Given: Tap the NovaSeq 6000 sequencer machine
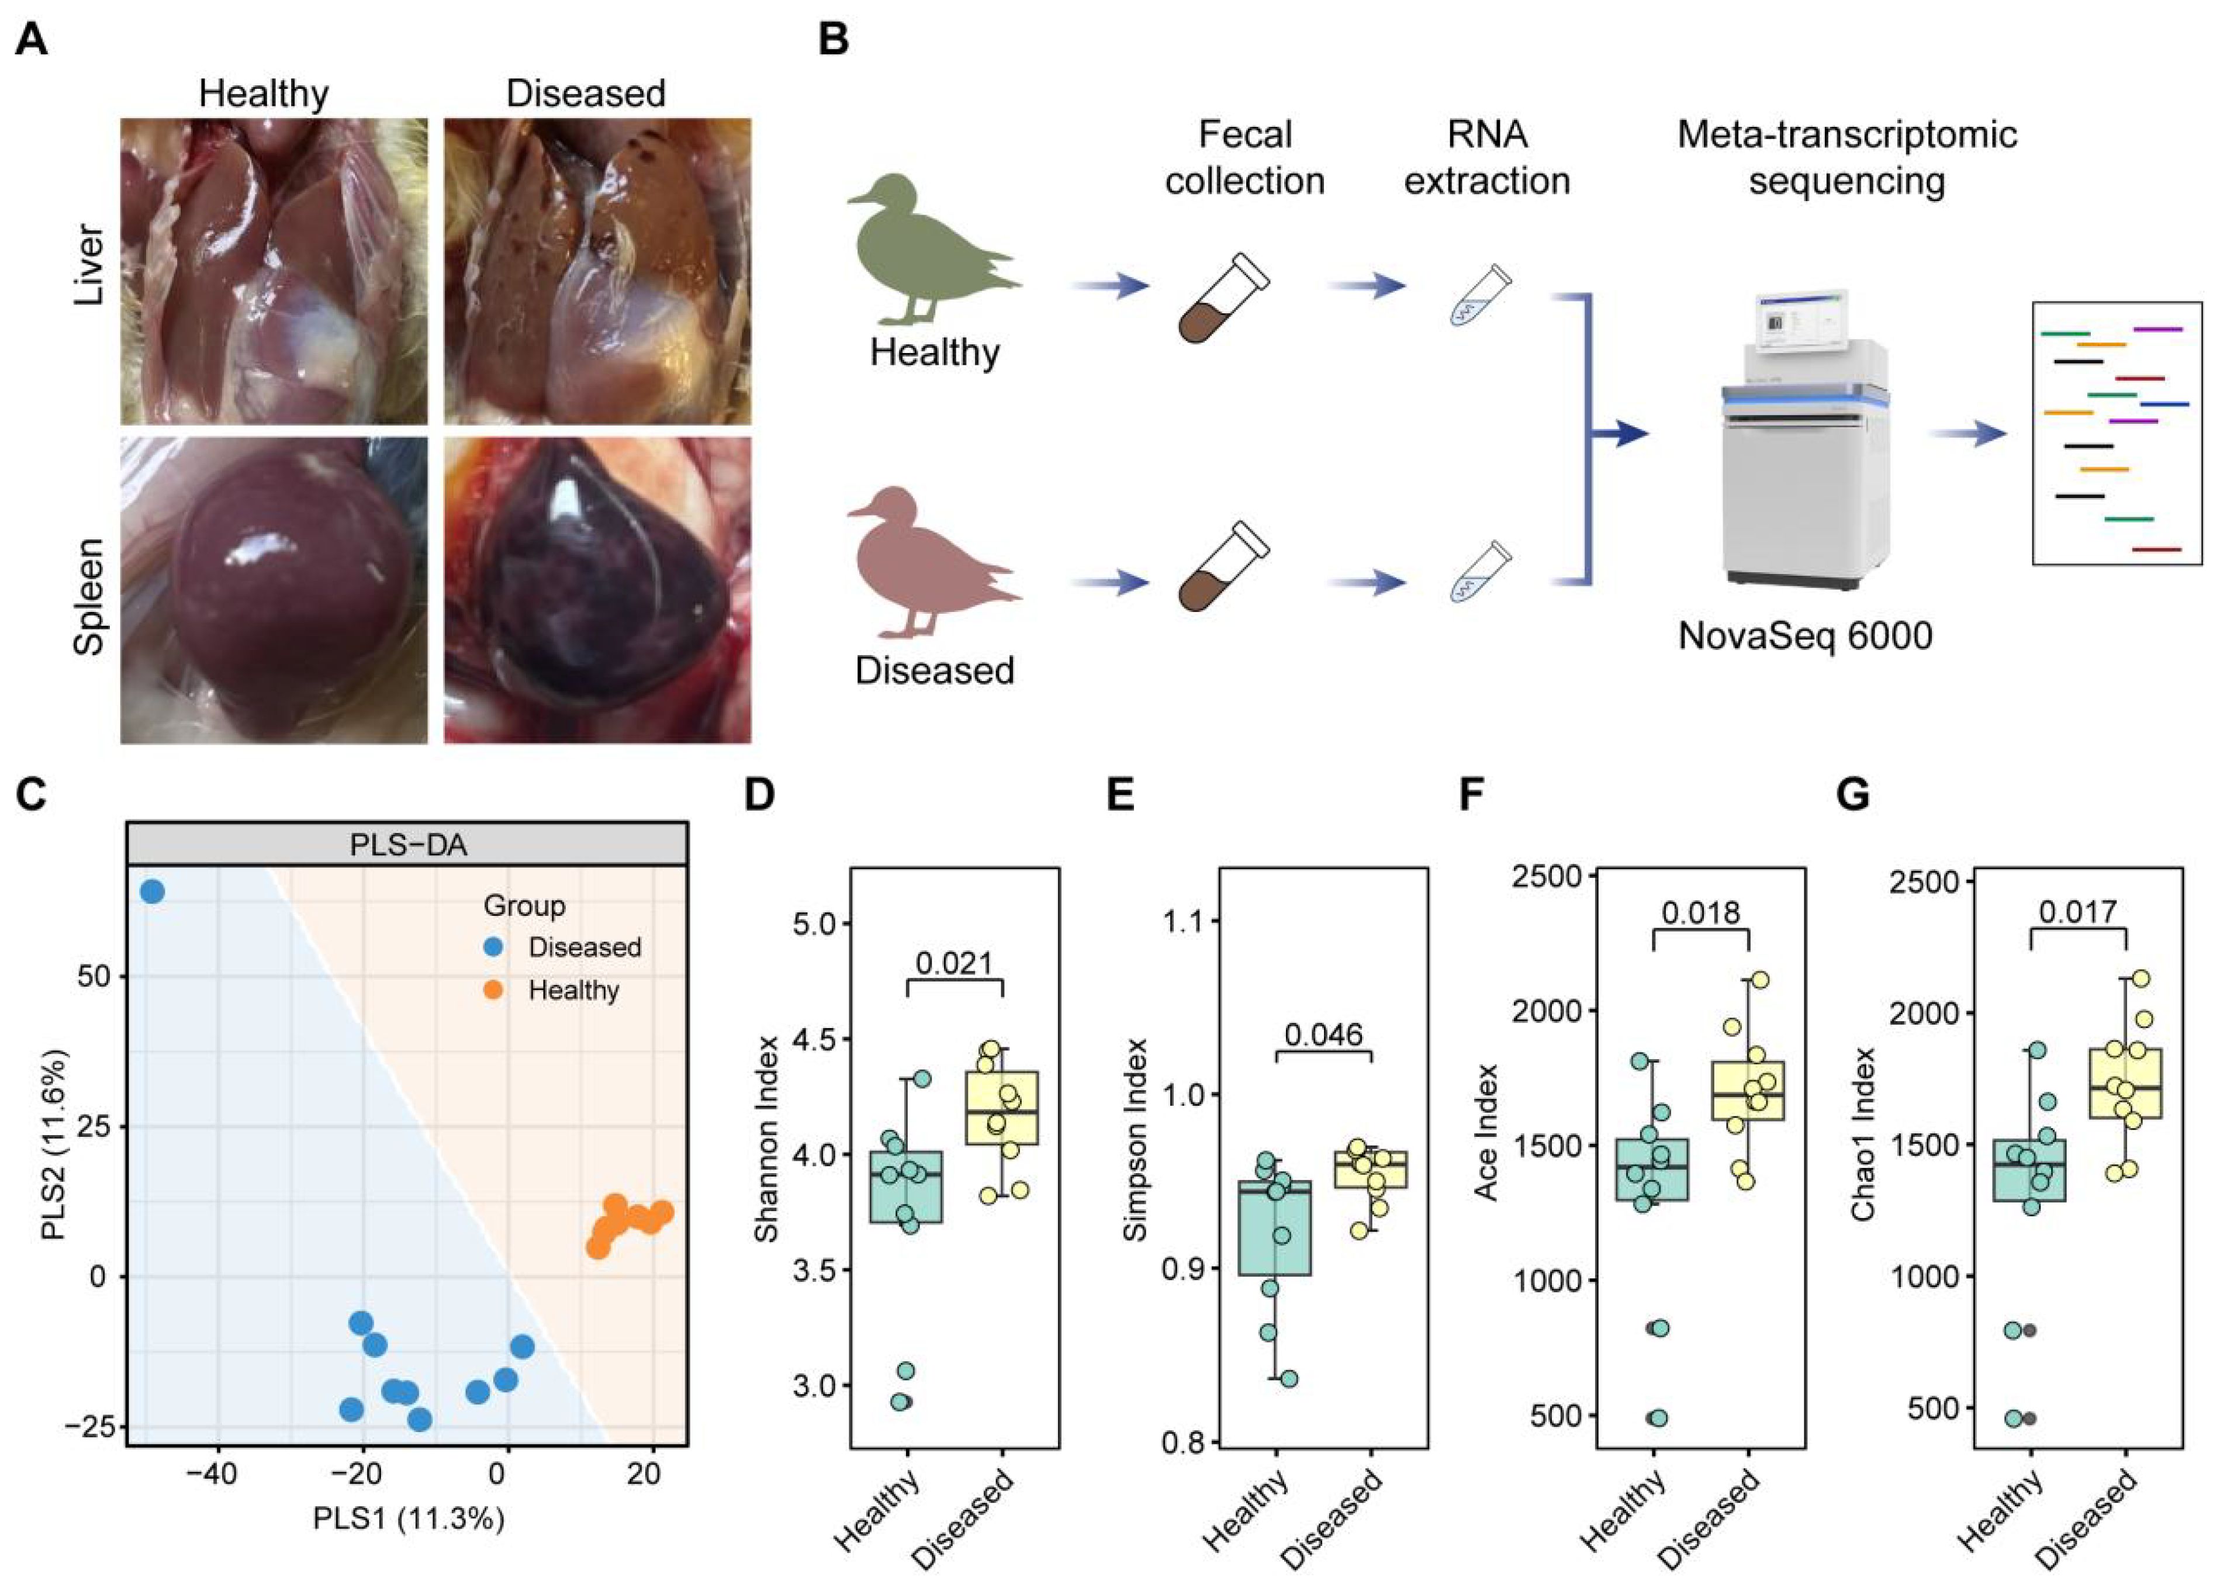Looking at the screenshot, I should coord(1806,441).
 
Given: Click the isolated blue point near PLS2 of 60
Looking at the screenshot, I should coord(152,892).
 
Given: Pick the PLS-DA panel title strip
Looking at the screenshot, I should coord(407,844).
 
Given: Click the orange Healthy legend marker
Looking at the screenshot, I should coord(495,991).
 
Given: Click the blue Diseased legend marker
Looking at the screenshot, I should coord(495,947).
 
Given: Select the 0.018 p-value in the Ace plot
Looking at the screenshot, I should coord(1700,912).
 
